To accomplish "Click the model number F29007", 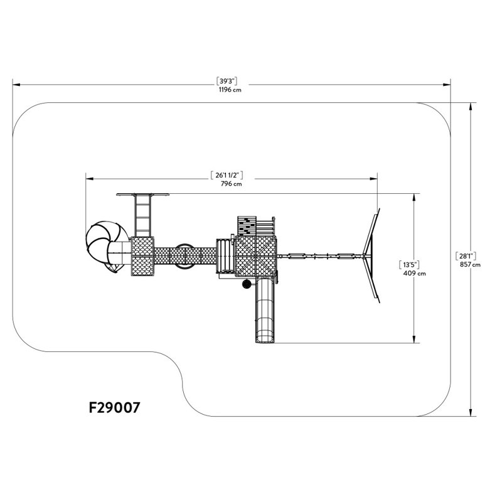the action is point(114,407).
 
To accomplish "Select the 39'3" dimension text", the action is point(227,81).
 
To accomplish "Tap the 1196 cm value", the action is point(230,90).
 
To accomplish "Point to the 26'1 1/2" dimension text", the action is point(227,175).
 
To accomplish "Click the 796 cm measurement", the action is point(231,184).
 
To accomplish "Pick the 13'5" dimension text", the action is point(409,265).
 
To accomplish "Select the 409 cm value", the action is point(415,273).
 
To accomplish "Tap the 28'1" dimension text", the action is point(466,256).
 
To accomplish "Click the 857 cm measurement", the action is point(470,264).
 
